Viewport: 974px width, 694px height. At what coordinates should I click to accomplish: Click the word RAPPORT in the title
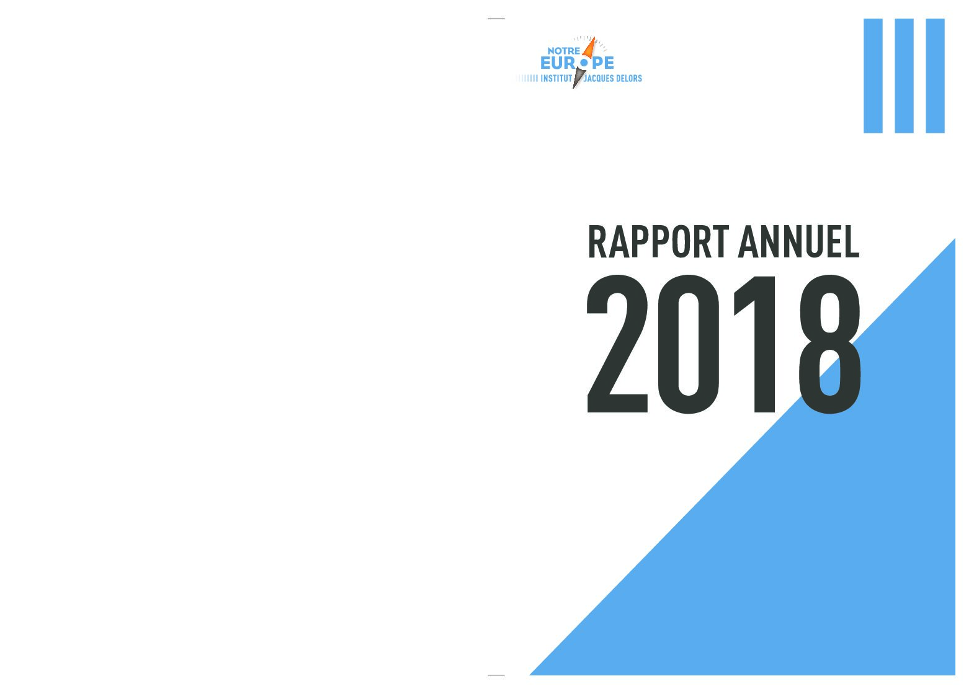coord(658,242)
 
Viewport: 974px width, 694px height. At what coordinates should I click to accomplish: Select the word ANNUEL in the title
coord(799,242)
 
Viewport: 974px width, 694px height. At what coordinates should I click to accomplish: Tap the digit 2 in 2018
coord(617,344)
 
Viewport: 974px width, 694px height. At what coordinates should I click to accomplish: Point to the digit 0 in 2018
coord(689,344)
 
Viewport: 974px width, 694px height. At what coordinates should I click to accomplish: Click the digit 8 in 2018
coord(830,344)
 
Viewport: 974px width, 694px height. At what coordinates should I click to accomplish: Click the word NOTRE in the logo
coord(563,51)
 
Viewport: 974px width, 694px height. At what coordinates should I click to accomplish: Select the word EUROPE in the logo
coord(577,63)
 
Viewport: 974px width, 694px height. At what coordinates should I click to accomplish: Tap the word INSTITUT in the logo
coord(556,79)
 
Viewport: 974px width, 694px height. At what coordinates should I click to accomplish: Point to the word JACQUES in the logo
coord(597,79)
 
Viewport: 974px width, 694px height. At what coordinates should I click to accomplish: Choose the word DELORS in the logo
coord(628,79)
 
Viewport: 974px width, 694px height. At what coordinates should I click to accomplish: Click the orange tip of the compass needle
coord(592,38)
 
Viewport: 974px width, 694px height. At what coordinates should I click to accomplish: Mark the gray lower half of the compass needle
coord(578,78)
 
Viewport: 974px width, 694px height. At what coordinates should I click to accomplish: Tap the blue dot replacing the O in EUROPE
coord(584,63)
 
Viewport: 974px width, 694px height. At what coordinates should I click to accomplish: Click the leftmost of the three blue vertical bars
coord(873,76)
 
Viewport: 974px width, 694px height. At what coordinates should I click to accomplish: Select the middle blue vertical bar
coord(904,76)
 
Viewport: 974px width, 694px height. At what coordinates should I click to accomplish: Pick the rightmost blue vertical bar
coord(936,76)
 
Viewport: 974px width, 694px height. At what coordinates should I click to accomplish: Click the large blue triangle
coord(826,543)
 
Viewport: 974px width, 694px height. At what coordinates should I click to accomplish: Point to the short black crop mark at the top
coord(496,19)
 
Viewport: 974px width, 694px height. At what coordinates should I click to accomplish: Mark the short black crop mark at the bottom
coord(496,675)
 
